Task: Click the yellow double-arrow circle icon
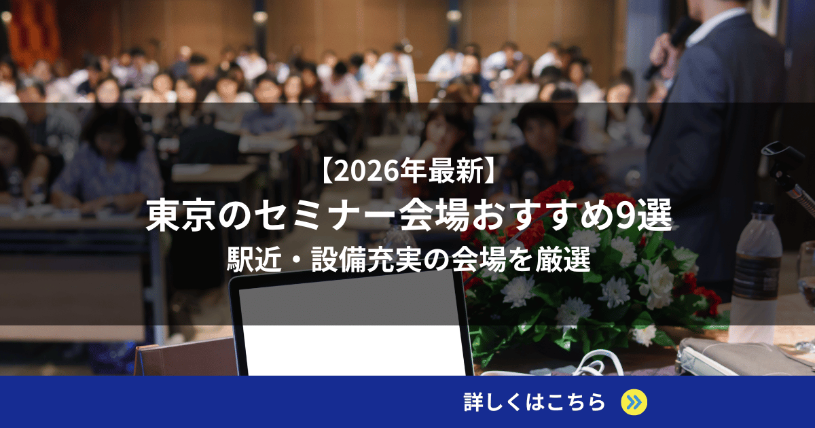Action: coord(634,402)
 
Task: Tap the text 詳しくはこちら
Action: coord(535,402)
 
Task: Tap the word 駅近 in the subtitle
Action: coord(252,261)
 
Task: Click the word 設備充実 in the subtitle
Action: coord(363,261)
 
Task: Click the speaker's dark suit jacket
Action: coord(720,136)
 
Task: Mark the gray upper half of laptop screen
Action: coord(350,299)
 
